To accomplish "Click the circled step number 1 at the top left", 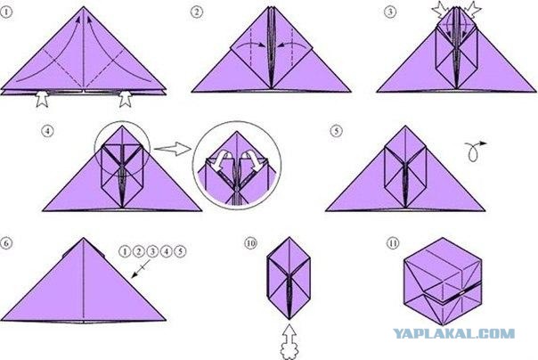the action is (6, 12).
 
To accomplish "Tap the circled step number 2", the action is (197, 12).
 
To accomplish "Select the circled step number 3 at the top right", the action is (390, 12).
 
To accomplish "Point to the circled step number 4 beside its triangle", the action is (48, 131).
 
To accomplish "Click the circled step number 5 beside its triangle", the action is (337, 131).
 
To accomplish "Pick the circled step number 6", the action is (6, 243).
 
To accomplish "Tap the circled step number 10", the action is (250, 243).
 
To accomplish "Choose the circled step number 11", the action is (393, 243).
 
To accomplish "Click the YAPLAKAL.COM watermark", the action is (453, 333).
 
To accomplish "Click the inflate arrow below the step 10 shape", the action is (289, 341).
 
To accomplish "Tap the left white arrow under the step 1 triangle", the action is (43, 99).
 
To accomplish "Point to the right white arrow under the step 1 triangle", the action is (126, 99).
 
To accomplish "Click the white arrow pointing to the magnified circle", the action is (172, 150).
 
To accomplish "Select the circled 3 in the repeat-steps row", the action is (152, 252).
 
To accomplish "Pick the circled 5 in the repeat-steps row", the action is (180, 252).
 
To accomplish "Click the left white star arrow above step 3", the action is (440, 10).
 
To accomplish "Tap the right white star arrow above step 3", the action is (473, 10).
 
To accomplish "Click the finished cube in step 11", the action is (443, 282).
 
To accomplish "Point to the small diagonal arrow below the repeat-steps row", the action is (141, 268).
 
